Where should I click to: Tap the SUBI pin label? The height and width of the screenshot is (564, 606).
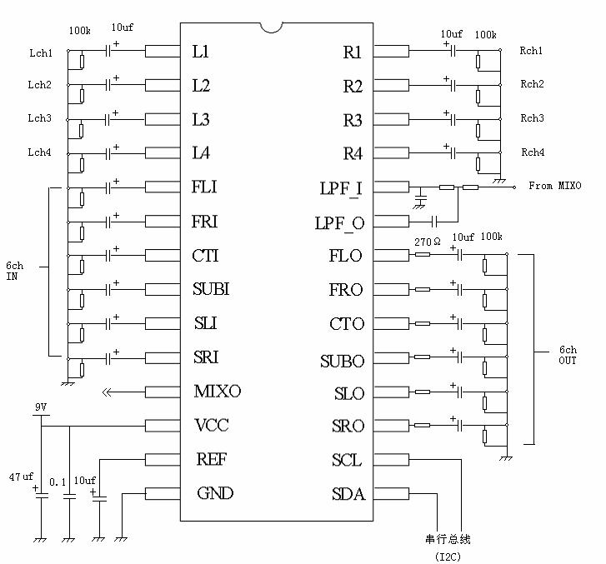pyautogui.click(x=211, y=290)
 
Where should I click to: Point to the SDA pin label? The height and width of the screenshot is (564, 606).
pyautogui.click(x=348, y=494)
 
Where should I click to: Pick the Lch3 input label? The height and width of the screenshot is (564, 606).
pyautogui.click(x=39, y=118)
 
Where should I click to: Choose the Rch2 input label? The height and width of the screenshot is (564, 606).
pyautogui.click(x=532, y=84)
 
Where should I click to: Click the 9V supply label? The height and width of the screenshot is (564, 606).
pyautogui.click(x=40, y=407)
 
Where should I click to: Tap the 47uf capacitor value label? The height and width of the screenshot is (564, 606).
pyautogui.click(x=21, y=477)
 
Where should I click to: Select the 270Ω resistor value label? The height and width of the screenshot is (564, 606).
pyautogui.click(x=427, y=241)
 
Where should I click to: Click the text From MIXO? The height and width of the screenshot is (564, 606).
pyautogui.click(x=554, y=186)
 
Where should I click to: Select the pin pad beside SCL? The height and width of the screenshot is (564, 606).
pyautogui.click(x=392, y=460)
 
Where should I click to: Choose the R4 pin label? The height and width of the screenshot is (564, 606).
pyautogui.click(x=353, y=154)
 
